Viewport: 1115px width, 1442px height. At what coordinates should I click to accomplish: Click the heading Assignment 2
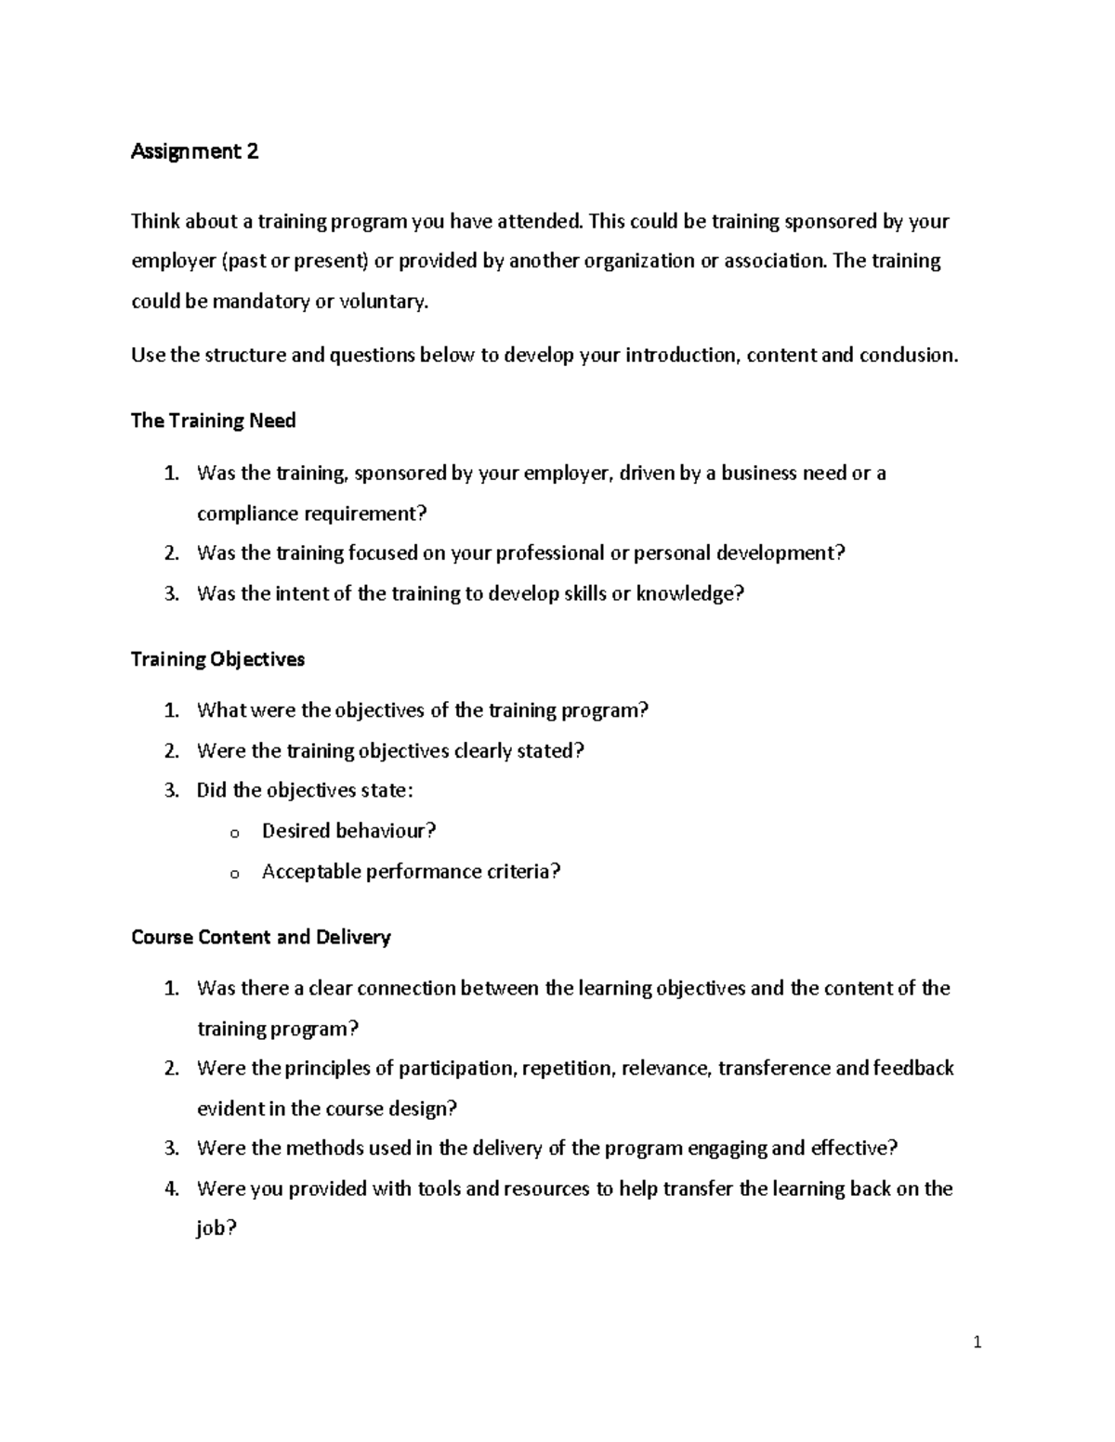194,151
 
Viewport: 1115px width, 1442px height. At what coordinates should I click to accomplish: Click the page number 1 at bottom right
977,1342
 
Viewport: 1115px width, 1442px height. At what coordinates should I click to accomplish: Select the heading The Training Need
213,421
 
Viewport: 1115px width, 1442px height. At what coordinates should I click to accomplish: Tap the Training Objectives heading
217,659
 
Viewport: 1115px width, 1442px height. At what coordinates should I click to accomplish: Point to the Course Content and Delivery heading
260,937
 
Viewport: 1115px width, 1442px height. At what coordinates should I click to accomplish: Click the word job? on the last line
216,1228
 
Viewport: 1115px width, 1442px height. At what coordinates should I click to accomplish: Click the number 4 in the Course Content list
171,1189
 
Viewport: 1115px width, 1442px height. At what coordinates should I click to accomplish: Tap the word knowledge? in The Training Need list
689,593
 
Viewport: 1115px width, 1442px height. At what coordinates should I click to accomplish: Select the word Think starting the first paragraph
155,221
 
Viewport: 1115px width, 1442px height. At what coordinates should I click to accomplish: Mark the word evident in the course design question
229,1109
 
